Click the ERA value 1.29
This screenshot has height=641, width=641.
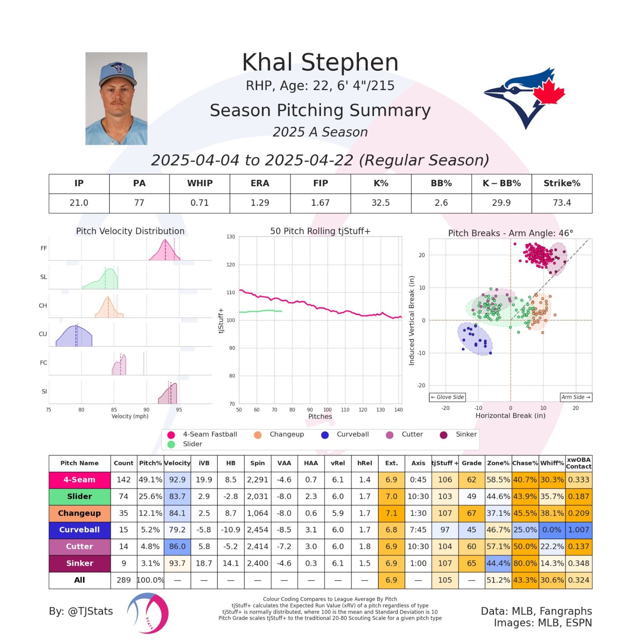pyautogui.click(x=260, y=203)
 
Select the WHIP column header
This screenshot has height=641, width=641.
pyautogui.click(x=199, y=183)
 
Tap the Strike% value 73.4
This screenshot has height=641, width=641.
pyautogui.click(x=562, y=203)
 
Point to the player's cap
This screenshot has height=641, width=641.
pyautogui.click(x=118, y=73)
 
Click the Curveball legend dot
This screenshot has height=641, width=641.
pyautogui.click(x=325, y=435)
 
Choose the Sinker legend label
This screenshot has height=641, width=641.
pyautogui.click(x=466, y=434)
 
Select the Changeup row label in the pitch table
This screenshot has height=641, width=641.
pyautogui.click(x=79, y=513)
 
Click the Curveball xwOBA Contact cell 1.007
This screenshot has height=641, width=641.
pyautogui.click(x=578, y=530)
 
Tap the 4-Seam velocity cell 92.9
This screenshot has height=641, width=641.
pyautogui.click(x=177, y=480)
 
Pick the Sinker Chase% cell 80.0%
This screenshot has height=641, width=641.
pyautogui.click(x=525, y=563)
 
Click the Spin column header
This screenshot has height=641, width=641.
pyautogui.click(x=257, y=463)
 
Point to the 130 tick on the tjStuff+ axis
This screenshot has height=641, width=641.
pyautogui.click(x=231, y=237)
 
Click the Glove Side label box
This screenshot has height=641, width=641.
pyautogui.click(x=447, y=397)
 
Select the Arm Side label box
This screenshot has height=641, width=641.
pyautogui.click(x=576, y=397)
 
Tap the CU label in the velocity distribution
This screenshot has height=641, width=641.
pyautogui.click(x=43, y=334)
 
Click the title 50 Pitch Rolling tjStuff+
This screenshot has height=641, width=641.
pyautogui.click(x=320, y=231)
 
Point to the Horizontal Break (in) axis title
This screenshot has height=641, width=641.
pyautogui.click(x=510, y=416)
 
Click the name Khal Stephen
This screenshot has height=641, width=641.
pyautogui.click(x=320, y=62)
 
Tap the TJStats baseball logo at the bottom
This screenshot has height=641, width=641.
pyautogui.click(x=148, y=613)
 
